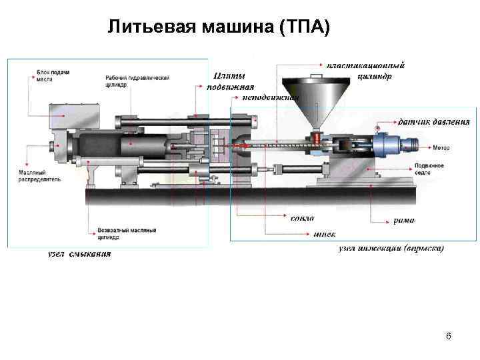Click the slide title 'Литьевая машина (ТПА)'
[x=219, y=27]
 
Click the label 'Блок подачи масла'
[x=53, y=75]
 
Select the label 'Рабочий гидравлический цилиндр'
[x=137, y=81]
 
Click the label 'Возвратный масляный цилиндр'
[x=127, y=233]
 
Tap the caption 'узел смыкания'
[x=79, y=253]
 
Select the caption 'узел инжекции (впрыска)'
[x=391, y=248]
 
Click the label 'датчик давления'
[x=433, y=122]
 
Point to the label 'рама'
[x=403, y=220]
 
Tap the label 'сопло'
[x=303, y=218]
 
